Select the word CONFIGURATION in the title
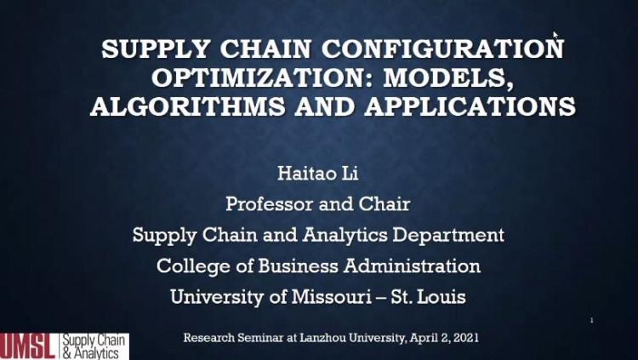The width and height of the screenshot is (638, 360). pyautogui.click(x=442, y=49)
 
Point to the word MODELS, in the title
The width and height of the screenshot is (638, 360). pyautogui.click(x=448, y=77)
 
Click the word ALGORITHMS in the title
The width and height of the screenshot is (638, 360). pyautogui.click(x=188, y=106)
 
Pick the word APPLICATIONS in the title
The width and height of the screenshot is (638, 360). pyautogui.click(x=470, y=106)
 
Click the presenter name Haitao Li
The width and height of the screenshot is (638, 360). pyautogui.click(x=318, y=173)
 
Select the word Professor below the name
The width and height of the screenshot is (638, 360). pyautogui.click(x=269, y=203)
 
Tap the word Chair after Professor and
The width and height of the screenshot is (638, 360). pyautogui.click(x=384, y=203)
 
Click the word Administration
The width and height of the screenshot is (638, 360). pyautogui.click(x=412, y=266)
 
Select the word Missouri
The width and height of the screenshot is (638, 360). pyautogui.click(x=331, y=296)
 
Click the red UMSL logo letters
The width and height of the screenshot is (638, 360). pyautogui.click(x=28, y=346)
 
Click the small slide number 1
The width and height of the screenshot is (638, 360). pyautogui.click(x=592, y=321)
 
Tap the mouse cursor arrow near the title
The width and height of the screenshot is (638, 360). pyautogui.click(x=555, y=35)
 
